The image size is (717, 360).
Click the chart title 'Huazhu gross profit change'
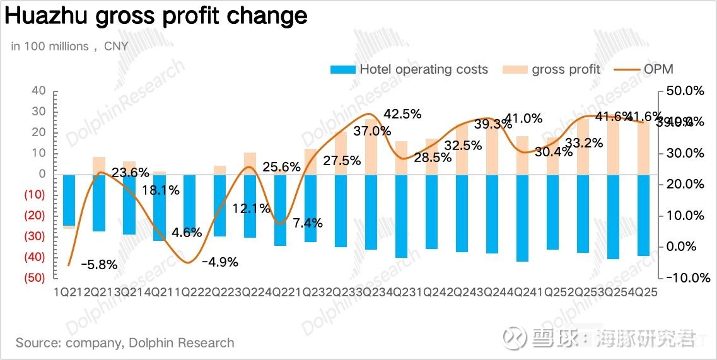(x=156, y=16)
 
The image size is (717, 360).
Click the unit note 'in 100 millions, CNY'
(x=69, y=46)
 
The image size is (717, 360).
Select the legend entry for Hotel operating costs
(x=409, y=69)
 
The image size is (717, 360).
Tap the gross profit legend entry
(x=552, y=69)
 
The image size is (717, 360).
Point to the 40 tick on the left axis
(x=38, y=91)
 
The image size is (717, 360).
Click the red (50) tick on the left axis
(x=35, y=278)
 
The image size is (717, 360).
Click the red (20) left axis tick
(x=35, y=216)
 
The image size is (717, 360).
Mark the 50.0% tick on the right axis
(x=684, y=91)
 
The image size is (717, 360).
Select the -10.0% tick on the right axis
(x=684, y=277)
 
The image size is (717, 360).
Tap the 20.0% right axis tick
(x=684, y=184)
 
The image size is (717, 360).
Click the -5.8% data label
(x=100, y=265)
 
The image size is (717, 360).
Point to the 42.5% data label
(x=402, y=114)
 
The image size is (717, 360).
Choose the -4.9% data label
(x=219, y=262)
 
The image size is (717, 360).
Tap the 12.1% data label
(x=251, y=208)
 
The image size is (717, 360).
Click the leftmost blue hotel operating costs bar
(x=69, y=200)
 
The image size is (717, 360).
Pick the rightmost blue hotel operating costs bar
(x=643, y=215)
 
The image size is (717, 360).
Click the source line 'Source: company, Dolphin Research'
(x=125, y=343)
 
